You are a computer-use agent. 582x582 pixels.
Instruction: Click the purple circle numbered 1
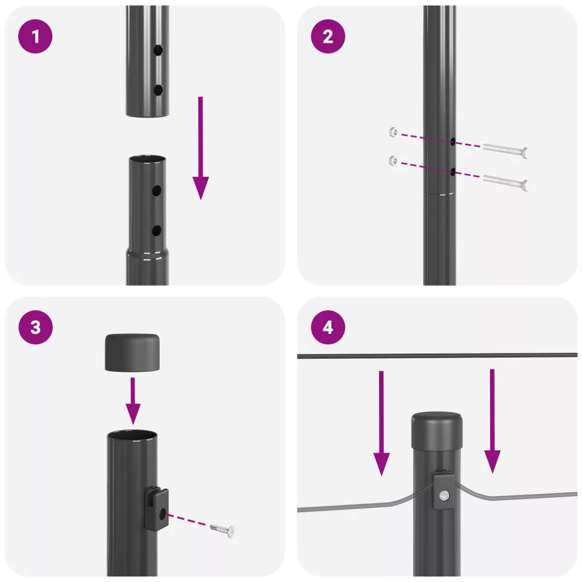[x=35, y=36]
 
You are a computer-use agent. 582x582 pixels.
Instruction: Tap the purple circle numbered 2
[x=328, y=36]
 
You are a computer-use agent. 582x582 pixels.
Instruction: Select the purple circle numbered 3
[x=35, y=327]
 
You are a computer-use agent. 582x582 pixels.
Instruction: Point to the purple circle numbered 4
[x=328, y=327]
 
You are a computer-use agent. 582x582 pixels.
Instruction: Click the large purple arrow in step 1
[x=201, y=148]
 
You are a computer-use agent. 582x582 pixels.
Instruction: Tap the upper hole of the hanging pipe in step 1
[x=158, y=50]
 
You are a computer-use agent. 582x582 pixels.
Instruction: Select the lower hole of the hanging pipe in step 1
[x=158, y=90]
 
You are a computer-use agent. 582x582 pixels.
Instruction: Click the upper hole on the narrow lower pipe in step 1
[x=156, y=191]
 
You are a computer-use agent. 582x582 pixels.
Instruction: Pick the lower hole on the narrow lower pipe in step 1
[x=156, y=231]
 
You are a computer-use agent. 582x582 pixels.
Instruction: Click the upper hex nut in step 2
[x=393, y=132]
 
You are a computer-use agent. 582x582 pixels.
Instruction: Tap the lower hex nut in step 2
[x=393, y=161]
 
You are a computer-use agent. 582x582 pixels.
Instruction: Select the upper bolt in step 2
[x=505, y=149]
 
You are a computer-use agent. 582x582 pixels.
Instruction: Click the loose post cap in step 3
[x=132, y=352]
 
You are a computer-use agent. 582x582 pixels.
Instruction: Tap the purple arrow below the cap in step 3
[x=133, y=401]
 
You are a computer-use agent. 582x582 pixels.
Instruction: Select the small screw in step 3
[x=222, y=529]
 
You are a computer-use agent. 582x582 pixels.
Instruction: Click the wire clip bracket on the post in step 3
[x=156, y=509]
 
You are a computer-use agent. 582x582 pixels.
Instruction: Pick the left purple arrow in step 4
[x=381, y=423]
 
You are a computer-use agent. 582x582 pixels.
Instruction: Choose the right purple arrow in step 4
[x=492, y=421]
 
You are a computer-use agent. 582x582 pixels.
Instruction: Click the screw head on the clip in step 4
[x=444, y=495]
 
